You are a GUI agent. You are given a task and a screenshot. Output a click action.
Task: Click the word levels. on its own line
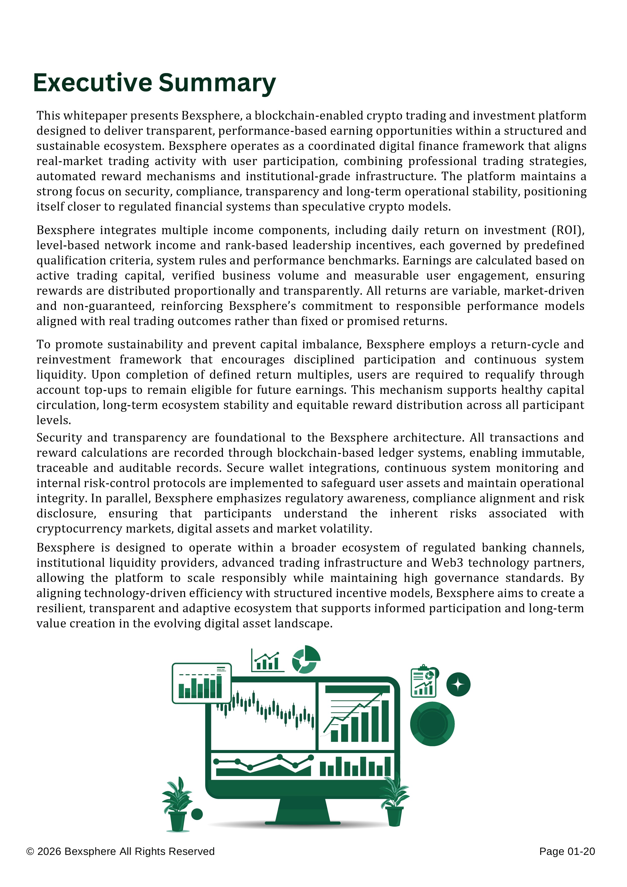click(x=54, y=420)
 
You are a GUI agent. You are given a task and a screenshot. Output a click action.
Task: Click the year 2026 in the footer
click(x=50, y=851)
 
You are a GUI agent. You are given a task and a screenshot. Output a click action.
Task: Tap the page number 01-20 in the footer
click(x=582, y=851)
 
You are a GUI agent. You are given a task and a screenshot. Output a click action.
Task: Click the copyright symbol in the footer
click(x=30, y=851)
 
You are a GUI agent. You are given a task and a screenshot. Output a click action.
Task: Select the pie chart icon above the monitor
click(x=306, y=659)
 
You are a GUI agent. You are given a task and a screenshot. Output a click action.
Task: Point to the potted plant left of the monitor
click(x=177, y=804)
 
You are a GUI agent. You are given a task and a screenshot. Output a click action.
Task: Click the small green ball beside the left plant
click(x=197, y=814)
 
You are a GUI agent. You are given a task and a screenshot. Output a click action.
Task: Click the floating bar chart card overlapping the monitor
click(x=201, y=683)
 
